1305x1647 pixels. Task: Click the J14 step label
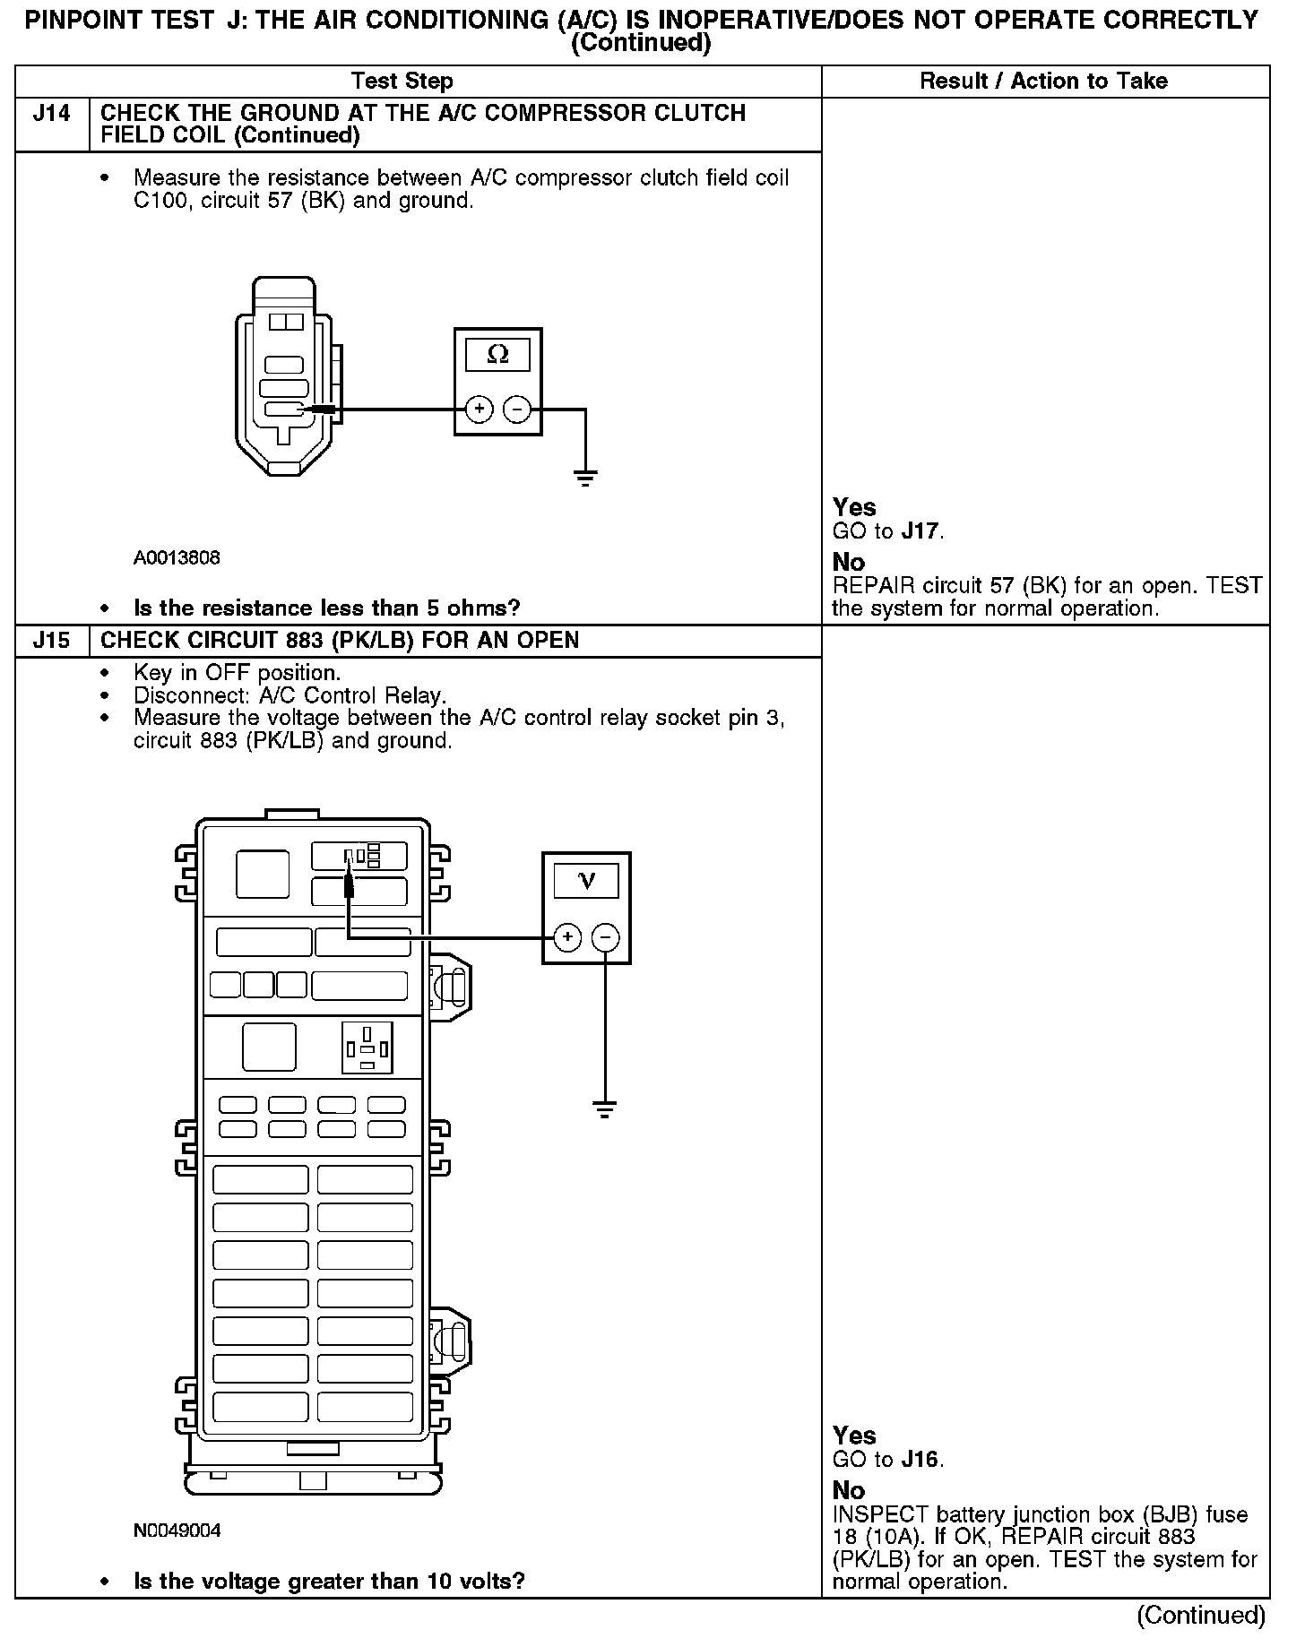coord(52,114)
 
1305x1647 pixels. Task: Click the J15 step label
coord(52,641)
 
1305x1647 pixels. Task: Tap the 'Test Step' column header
coord(402,82)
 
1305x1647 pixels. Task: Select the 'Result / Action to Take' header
coord(1044,82)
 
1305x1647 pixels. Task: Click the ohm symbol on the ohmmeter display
coord(497,355)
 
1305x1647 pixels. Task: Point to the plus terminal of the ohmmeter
coord(480,410)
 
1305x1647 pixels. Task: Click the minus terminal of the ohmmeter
coord(517,410)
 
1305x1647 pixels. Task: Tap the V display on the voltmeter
coord(587,880)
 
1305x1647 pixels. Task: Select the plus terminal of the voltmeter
coord(567,938)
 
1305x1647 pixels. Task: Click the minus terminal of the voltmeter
coord(606,938)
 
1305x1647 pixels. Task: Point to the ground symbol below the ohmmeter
coord(585,477)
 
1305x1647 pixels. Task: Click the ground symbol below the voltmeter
coord(605,1110)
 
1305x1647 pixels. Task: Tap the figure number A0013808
coord(177,558)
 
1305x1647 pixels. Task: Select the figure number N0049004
coord(177,1531)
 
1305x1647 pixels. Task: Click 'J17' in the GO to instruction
coord(920,531)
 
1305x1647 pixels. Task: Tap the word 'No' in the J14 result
coord(849,562)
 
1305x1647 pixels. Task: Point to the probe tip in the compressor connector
coord(309,410)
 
